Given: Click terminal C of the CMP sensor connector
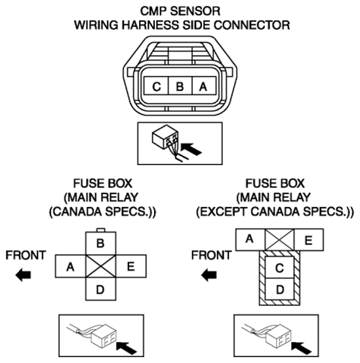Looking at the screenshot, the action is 156,86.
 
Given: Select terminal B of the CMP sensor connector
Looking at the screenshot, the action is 180,86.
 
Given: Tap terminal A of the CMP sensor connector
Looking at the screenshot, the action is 204,86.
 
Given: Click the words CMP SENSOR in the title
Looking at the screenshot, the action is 180,11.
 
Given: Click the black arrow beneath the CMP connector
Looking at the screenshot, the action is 191,149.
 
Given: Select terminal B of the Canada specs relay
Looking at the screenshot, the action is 100,243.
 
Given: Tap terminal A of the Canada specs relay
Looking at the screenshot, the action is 70,266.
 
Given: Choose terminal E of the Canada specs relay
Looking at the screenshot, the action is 131,266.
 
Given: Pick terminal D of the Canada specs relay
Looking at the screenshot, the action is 100,289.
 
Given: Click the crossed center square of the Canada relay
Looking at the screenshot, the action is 101,266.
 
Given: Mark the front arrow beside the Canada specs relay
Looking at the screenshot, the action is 23,275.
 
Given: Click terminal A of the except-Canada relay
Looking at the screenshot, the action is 250,240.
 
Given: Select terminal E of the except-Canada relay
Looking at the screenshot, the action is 309,240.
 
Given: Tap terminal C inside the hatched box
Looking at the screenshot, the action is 279,267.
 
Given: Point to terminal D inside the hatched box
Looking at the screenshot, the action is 279,289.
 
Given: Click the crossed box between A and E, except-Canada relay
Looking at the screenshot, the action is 279,240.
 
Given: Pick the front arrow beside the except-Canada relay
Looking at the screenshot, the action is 209,275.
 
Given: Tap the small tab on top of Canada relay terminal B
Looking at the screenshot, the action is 101,230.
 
